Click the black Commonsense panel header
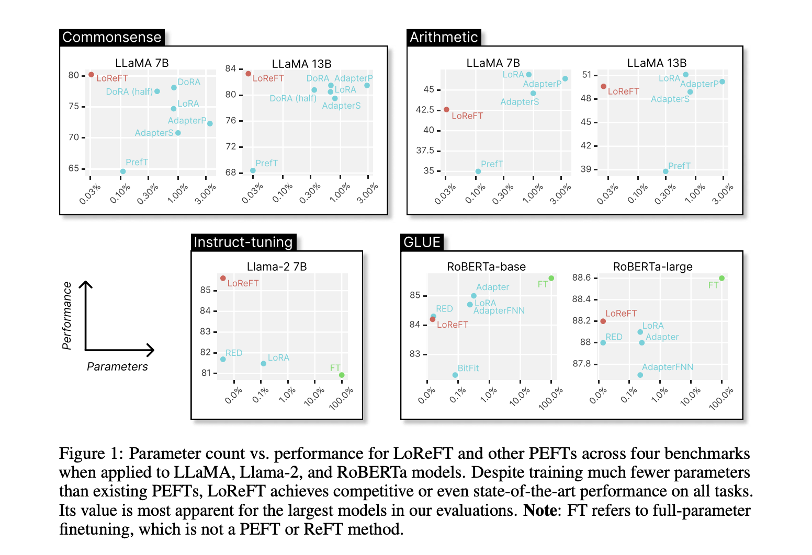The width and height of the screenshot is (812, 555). (111, 37)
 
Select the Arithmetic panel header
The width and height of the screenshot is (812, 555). (444, 37)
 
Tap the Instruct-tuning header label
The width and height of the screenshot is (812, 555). (243, 242)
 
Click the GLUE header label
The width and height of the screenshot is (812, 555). (422, 242)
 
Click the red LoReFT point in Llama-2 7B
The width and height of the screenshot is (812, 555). (223, 279)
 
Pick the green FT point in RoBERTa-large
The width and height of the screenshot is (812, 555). (722, 278)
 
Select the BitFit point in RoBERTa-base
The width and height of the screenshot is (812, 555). (455, 375)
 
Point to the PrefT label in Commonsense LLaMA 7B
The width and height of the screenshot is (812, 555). (137, 162)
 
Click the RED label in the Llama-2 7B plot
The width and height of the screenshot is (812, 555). (234, 353)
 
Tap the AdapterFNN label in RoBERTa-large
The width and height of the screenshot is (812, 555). (667, 367)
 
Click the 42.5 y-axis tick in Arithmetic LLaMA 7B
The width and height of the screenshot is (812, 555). (425, 110)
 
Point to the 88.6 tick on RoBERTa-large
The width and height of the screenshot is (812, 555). (581, 277)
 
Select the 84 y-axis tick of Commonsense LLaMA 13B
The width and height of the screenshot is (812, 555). (231, 68)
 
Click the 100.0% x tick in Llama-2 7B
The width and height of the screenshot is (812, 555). (341, 398)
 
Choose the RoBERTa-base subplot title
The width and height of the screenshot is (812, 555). (486, 267)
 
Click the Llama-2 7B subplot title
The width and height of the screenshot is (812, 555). (277, 267)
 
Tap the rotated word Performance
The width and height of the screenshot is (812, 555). (67, 316)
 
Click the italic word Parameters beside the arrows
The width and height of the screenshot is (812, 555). (117, 366)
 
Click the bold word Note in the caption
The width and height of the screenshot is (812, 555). (539, 510)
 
